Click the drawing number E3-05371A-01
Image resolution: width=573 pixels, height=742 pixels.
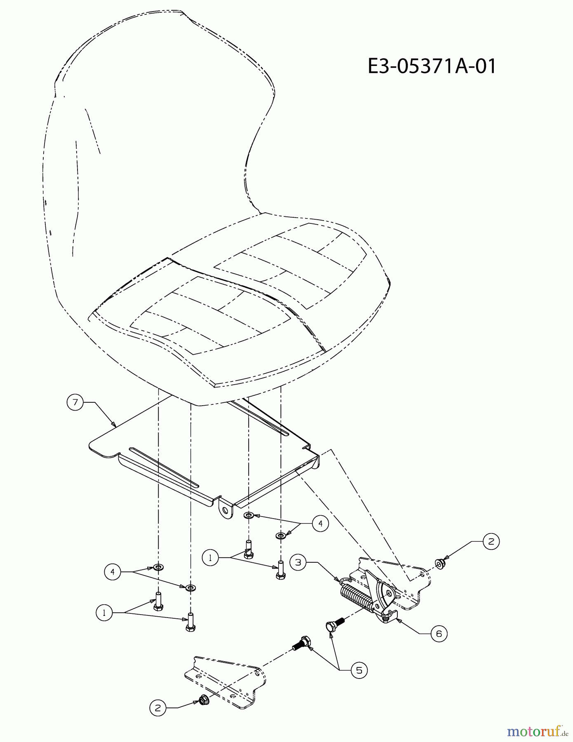[x=432, y=66]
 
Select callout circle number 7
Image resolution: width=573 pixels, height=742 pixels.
[x=75, y=402]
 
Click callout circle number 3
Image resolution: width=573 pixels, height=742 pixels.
[x=298, y=562]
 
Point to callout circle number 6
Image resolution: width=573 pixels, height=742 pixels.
[x=439, y=633]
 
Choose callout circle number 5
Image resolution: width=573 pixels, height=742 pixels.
[x=359, y=670]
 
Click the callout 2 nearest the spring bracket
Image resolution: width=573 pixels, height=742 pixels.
[x=491, y=541]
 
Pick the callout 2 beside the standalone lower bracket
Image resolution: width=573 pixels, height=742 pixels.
[x=157, y=708]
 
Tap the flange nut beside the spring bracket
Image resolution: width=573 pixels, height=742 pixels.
[x=439, y=564]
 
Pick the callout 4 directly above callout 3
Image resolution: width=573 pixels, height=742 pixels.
[x=320, y=524]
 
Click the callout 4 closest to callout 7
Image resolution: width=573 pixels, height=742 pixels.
[x=113, y=572]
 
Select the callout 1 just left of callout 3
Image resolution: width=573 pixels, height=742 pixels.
[x=211, y=558]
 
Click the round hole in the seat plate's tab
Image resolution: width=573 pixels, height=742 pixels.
[x=225, y=510]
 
